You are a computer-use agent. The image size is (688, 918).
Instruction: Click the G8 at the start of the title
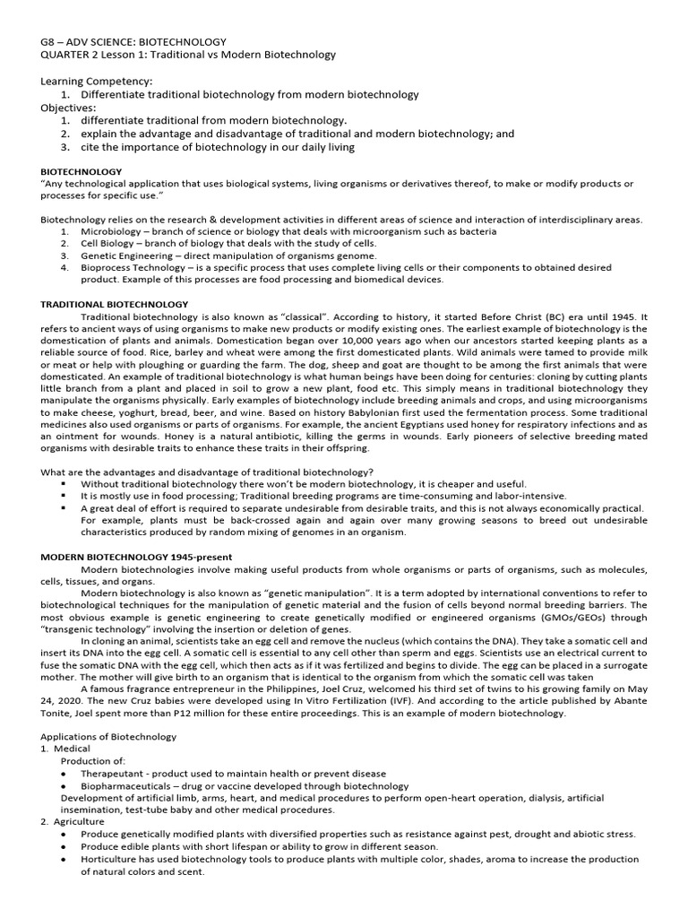(48, 41)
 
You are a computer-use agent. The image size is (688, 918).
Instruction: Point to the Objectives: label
(68, 107)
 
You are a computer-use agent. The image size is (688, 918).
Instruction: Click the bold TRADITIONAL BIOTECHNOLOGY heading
(115, 305)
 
